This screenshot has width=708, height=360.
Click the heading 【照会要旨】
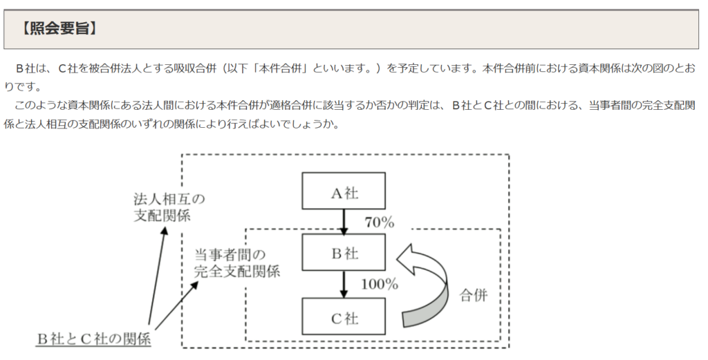tap(59, 29)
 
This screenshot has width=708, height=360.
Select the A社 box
tap(344, 191)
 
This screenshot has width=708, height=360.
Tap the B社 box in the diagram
tap(344, 252)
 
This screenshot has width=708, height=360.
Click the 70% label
tap(380, 222)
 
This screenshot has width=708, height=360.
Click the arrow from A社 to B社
tap(344, 221)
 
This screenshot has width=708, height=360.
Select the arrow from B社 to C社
tap(344, 284)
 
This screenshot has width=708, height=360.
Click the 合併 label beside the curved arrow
tap(474, 295)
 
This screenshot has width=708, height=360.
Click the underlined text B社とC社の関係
tap(93, 339)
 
